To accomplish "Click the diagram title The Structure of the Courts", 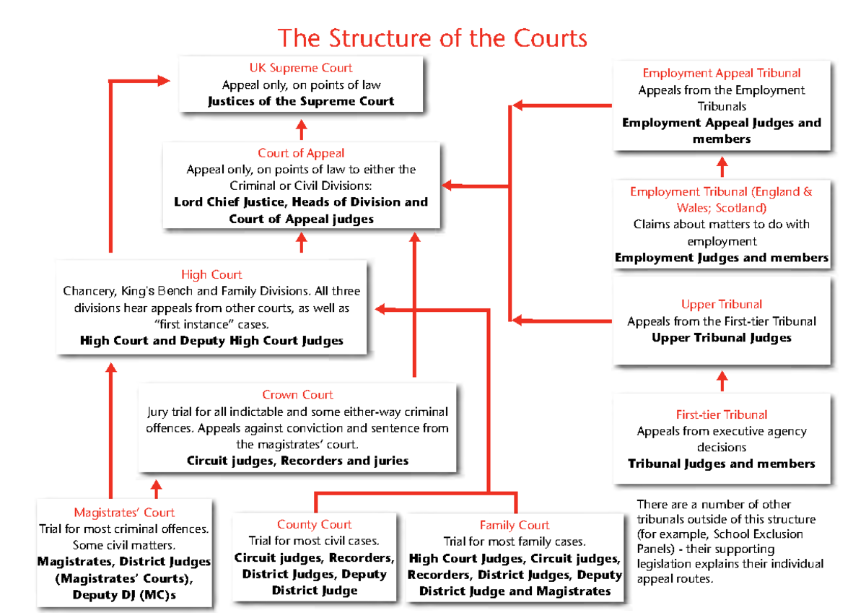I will (432, 38).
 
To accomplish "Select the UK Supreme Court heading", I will (301, 68).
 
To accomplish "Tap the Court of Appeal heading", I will (301, 153).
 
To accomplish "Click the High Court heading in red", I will (211, 274).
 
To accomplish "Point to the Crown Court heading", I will (297, 395).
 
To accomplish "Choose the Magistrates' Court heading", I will (124, 513).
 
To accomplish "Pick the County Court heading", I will (314, 524).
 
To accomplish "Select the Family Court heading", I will (514, 525).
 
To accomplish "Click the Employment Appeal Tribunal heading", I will (721, 73).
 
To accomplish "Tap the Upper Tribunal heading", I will (721, 305).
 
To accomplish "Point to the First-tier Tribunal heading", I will (721, 414).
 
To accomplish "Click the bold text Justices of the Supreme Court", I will (301, 101).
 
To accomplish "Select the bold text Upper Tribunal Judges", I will (721, 338).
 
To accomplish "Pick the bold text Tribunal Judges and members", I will (721, 464).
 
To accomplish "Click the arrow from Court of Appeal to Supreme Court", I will (301, 131).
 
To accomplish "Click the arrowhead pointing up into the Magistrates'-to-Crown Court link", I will (156, 489).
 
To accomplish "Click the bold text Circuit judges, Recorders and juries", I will (297, 461).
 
